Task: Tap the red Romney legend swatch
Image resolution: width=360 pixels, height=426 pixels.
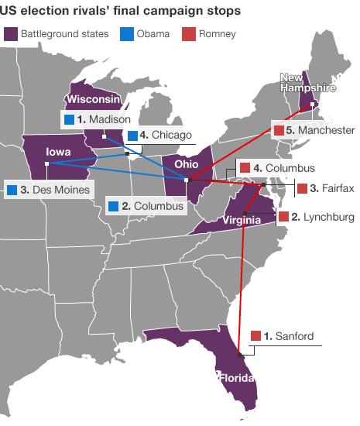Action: (x=187, y=35)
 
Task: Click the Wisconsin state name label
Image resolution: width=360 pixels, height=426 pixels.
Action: (x=93, y=100)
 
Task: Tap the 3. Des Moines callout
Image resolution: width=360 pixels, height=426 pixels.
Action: (x=47, y=189)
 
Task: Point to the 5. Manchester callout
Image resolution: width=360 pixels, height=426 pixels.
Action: (x=313, y=130)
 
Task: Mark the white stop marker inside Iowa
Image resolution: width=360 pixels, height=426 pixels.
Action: (x=47, y=164)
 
